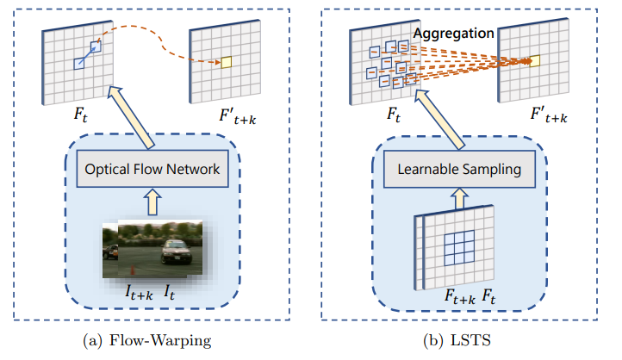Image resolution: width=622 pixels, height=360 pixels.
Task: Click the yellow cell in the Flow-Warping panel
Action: coord(227,62)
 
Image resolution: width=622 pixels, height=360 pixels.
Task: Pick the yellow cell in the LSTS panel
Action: coord(534,61)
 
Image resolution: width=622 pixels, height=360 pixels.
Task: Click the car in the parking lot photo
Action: coord(176,252)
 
